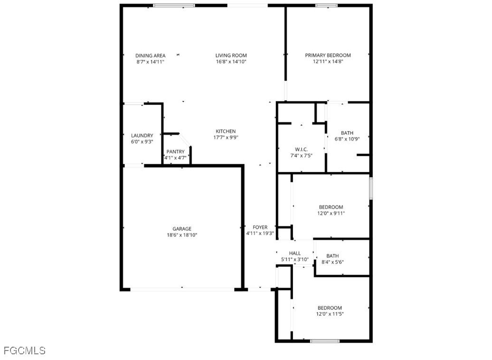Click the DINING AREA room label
tap(150, 56)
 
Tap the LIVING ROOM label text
tap(231, 56)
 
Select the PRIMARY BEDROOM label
tap(328, 55)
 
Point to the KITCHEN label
tap(226, 131)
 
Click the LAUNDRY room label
tap(142, 135)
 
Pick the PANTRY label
tap(175, 152)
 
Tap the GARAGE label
tap(182, 229)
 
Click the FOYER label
tap(260, 227)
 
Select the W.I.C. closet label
tap(301, 150)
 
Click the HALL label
tap(294, 253)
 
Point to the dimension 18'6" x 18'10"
tap(182, 235)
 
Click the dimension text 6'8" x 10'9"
tap(347, 139)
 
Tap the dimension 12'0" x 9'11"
tap(331, 213)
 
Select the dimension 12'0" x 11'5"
tap(330, 314)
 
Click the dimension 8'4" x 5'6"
tap(332, 262)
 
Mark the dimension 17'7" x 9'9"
tap(226, 137)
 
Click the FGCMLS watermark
tap(25, 351)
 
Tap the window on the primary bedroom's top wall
tap(326, 5)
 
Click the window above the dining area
tap(174, 5)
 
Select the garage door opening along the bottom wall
tap(182, 289)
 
